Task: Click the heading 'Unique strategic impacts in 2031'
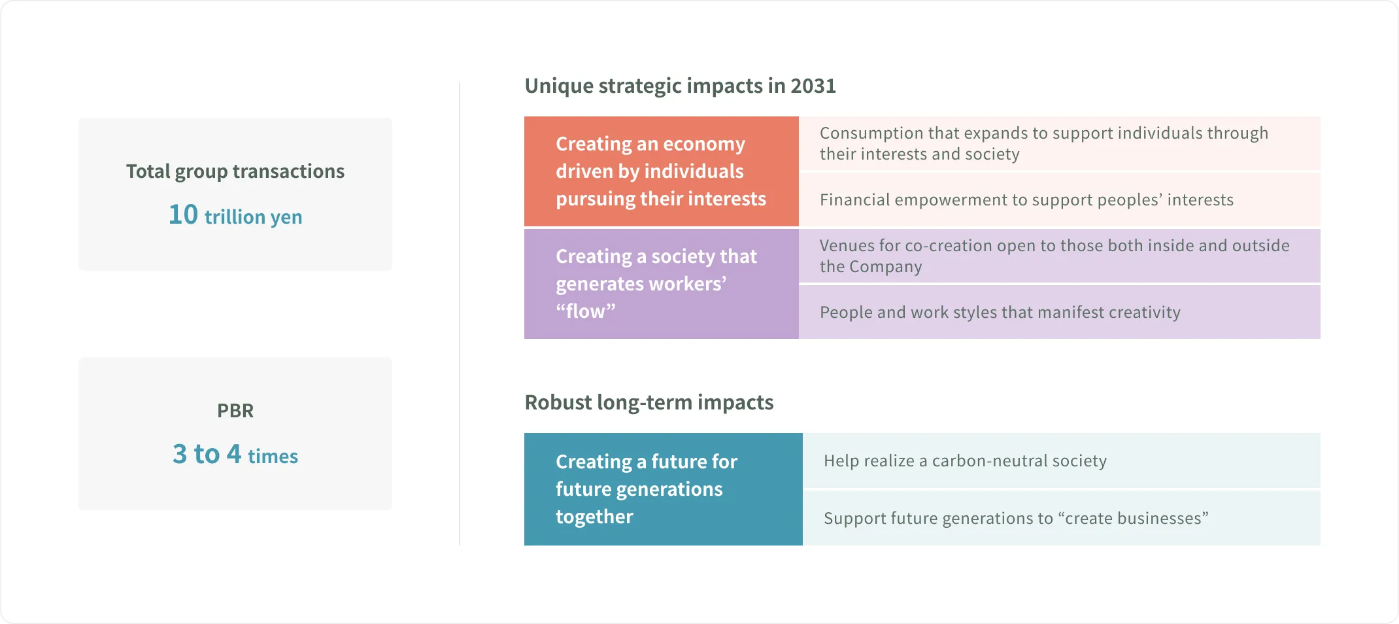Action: pyautogui.click(x=680, y=86)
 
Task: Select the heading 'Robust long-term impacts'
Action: pyautogui.click(x=649, y=402)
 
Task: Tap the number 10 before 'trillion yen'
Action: pyautogui.click(x=183, y=215)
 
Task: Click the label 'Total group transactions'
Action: pyautogui.click(x=235, y=171)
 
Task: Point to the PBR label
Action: pyautogui.click(x=235, y=411)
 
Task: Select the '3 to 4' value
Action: pyautogui.click(x=207, y=454)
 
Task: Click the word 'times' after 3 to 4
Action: pyautogui.click(x=273, y=457)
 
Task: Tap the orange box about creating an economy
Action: pyautogui.click(x=661, y=171)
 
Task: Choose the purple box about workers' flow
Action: pyautogui.click(x=661, y=284)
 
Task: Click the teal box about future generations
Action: pyautogui.click(x=662, y=489)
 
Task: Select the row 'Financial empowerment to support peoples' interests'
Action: pyautogui.click(x=1026, y=200)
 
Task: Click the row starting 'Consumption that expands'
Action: pyautogui.click(x=1043, y=144)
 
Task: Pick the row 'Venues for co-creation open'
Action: pyautogui.click(x=1054, y=256)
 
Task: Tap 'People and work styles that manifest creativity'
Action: pyautogui.click(x=1000, y=313)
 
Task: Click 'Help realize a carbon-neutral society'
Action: pyautogui.click(x=965, y=461)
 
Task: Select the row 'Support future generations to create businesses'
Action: pyautogui.click(x=1015, y=519)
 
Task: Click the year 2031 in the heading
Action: pyautogui.click(x=813, y=86)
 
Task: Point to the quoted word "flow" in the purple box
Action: pyautogui.click(x=585, y=311)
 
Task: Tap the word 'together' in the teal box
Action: pyautogui.click(x=594, y=517)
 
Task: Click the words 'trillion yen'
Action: pyautogui.click(x=253, y=217)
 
